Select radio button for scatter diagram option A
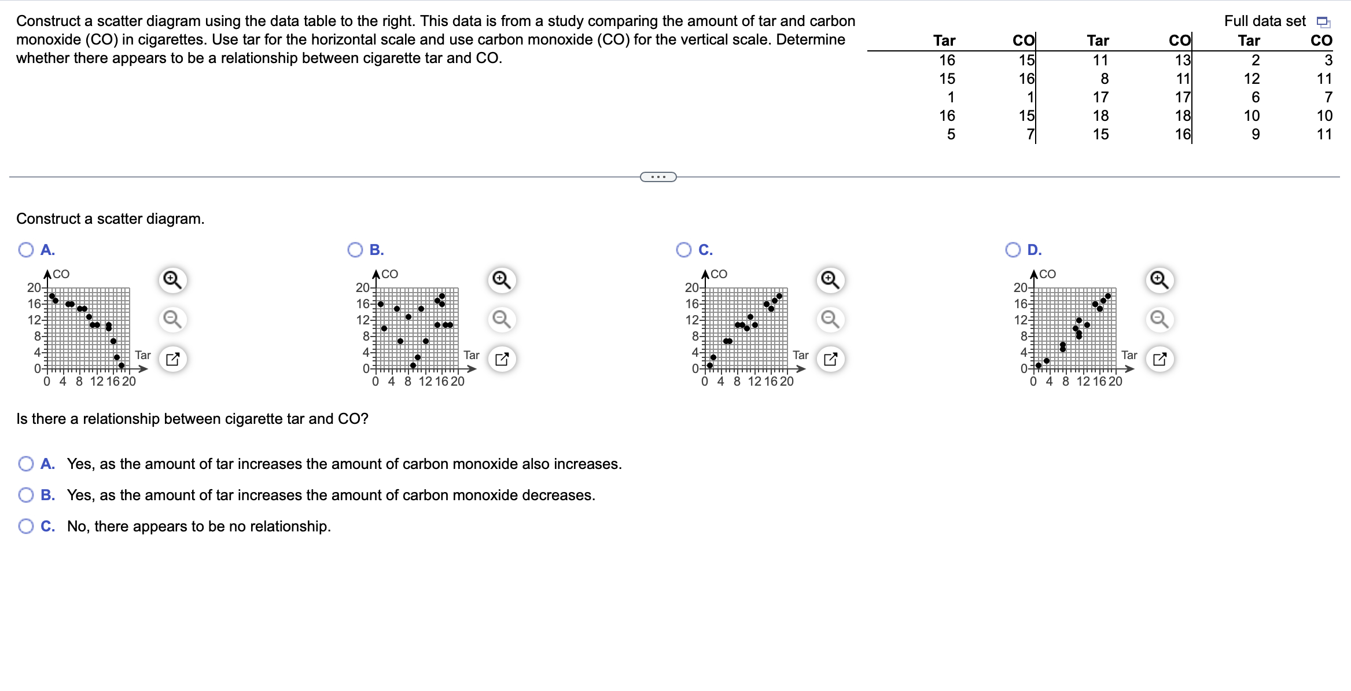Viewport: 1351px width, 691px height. (x=26, y=250)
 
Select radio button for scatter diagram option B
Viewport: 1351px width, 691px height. (x=355, y=250)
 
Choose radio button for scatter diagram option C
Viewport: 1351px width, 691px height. (x=684, y=250)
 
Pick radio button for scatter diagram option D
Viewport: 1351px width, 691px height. (x=1013, y=250)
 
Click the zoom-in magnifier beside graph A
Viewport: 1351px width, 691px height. (x=172, y=280)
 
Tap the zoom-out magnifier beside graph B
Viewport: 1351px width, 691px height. (x=501, y=319)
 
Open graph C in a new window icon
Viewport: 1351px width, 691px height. (x=830, y=359)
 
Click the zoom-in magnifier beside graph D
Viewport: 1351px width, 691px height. (x=1159, y=280)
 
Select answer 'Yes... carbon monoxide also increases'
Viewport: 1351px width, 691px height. (x=26, y=464)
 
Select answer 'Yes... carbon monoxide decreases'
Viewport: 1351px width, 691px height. (x=26, y=495)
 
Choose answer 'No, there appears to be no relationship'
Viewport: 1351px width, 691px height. (x=26, y=526)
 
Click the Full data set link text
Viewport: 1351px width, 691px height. (x=1265, y=21)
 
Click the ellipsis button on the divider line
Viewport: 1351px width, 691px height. (x=658, y=177)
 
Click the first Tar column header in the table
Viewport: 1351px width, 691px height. (x=944, y=40)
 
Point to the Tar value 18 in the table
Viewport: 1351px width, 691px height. (x=1100, y=116)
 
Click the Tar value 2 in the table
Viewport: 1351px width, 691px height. (x=1255, y=60)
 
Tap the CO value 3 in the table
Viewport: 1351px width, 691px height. (x=1328, y=60)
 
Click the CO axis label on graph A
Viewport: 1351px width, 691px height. (x=61, y=274)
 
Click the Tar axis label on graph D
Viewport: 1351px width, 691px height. (x=1129, y=355)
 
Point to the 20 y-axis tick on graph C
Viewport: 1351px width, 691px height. (x=691, y=287)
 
